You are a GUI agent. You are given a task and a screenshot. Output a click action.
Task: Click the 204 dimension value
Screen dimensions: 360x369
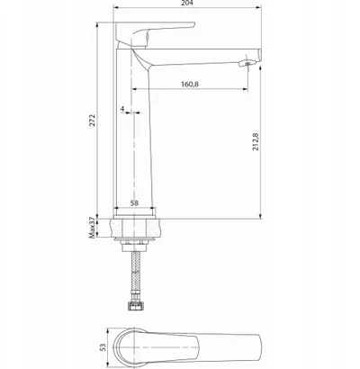(187, 3)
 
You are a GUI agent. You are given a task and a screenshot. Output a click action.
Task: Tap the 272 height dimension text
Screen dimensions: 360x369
(92, 120)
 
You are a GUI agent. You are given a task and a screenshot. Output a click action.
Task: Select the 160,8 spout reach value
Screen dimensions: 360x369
(190, 84)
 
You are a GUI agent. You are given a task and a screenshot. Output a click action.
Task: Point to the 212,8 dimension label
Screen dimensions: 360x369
(256, 141)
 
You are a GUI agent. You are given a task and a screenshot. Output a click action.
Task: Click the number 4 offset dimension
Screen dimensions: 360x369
(122, 109)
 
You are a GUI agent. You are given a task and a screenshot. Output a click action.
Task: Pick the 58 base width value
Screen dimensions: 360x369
(134, 203)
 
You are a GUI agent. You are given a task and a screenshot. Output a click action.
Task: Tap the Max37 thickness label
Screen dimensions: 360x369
(93, 228)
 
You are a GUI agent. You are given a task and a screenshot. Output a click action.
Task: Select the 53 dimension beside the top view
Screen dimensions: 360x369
(103, 347)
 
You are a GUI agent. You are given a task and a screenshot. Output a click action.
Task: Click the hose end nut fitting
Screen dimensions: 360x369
(136, 306)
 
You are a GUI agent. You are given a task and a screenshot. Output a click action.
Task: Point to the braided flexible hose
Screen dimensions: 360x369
(136, 276)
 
